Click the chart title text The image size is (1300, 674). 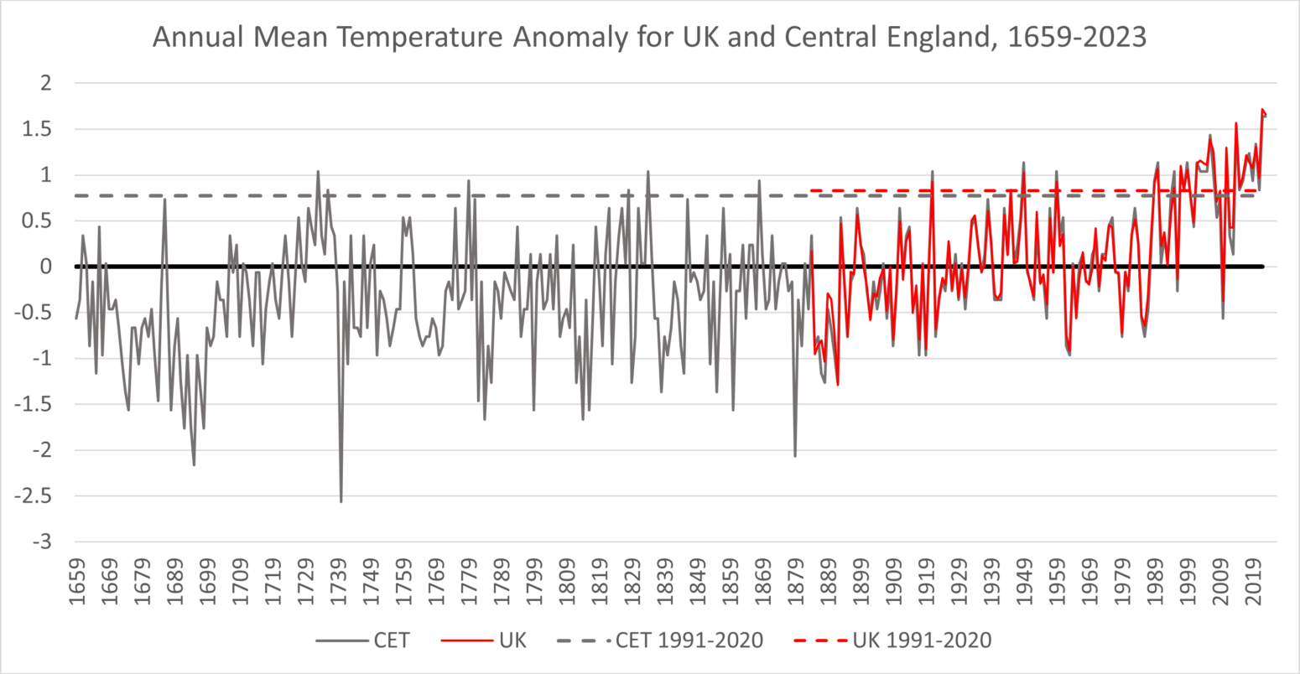pyautogui.click(x=649, y=38)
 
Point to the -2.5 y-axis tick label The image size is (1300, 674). pyautogui.click(x=34, y=496)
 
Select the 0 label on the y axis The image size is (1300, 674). pyautogui.click(x=46, y=267)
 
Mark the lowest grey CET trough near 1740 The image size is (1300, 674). pyautogui.click(x=341, y=501)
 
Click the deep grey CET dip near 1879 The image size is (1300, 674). pyautogui.click(x=795, y=456)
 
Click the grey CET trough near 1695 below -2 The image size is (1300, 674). pyautogui.click(x=194, y=464)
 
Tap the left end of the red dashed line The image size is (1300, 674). pyautogui.click(x=812, y=191)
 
